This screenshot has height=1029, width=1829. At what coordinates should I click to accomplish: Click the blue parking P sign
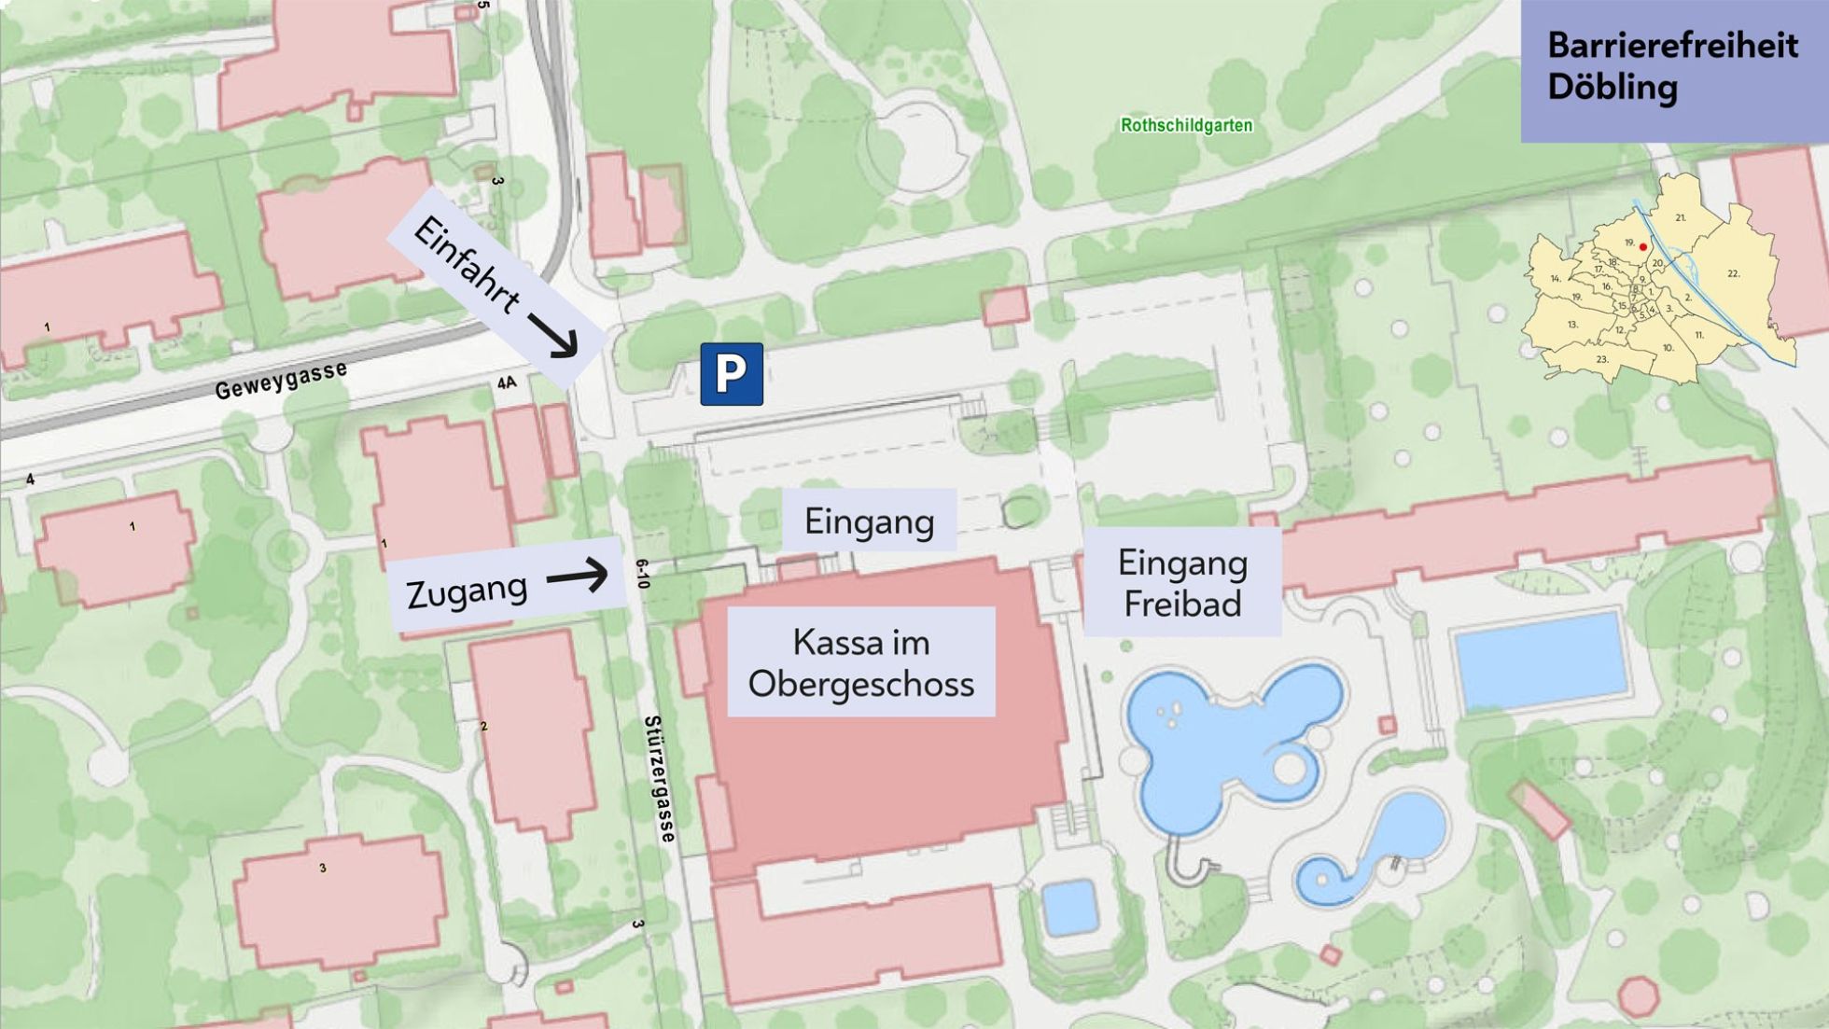click(x=732, y=374)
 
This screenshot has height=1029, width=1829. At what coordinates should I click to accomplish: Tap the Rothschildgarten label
click(x=1186, y=125)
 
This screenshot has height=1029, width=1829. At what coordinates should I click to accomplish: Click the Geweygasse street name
click(x=281, y=380)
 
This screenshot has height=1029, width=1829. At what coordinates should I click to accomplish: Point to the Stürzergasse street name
click(x=660, y=779)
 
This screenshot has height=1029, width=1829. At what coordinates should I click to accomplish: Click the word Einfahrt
click(x=465, y=265)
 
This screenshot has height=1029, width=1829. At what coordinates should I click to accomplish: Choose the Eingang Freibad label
click(x=1182, y=583)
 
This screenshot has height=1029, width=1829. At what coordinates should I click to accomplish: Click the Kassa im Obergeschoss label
click(x=860, y=662)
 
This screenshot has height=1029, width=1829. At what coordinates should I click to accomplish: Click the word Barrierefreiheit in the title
click(x=1672, y=46)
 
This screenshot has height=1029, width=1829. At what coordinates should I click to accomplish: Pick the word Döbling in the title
click(x=1612, y=88)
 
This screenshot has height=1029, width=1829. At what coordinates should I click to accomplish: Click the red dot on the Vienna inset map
click(x=1643, y=247)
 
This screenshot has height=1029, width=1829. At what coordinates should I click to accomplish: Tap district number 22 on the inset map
click(x=1733, y=273)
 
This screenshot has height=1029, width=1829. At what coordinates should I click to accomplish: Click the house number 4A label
click(x=507, y=382)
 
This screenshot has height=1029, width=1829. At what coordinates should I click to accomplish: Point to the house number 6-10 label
click(x=642, y=574)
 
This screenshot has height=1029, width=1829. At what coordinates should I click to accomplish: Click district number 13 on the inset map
click(x=1572, y=325)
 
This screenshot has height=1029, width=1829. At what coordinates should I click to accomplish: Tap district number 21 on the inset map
click(x=1681, y=217)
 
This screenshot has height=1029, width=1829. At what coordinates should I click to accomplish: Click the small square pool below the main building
click(x=1068, y=906)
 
